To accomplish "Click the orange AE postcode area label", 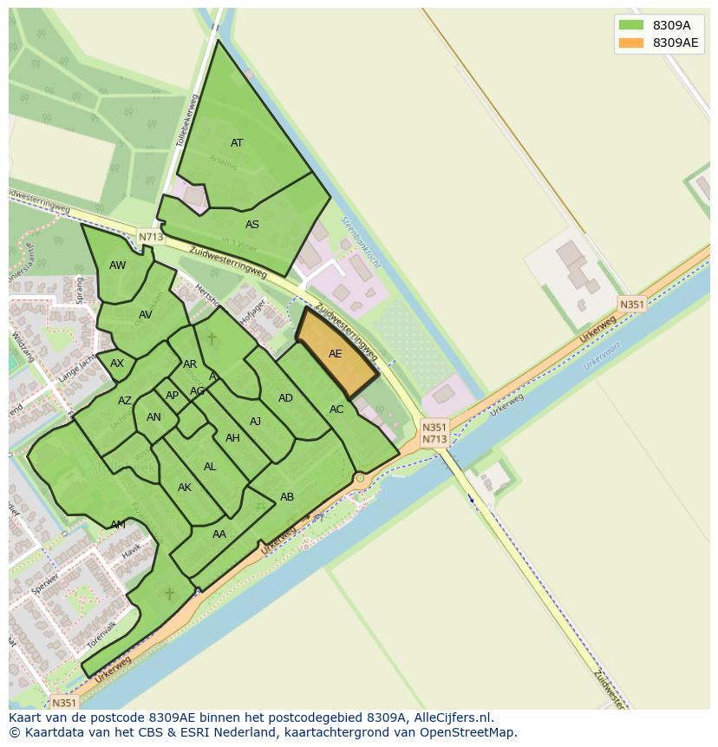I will click(x=335, y=354).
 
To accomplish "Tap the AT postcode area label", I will click(x=237, y=143).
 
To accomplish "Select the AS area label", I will click(x=251, y=225).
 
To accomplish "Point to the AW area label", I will click(x=118, y=265).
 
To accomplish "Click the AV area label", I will click(x=145, y=315).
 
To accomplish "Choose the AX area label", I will click(x=117, y=364).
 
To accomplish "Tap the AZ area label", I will click(x=125, y=401).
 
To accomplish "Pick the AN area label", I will click(x=153, y=417).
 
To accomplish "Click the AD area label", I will click(x=285, y=398).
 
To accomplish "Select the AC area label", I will click(x=336, y=410).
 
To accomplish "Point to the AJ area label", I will click(x=255, y=422).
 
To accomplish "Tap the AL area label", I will click(x=210, y=467).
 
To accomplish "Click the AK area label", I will click(x=185, y=488).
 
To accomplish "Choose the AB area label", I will click(x=287, y=497).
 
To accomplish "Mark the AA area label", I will click(x=219, y=534).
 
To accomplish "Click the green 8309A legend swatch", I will click(x=630, y=25).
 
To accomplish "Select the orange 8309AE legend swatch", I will click(x=630, y=43).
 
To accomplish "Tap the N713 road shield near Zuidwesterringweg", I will click(x=150, y=236).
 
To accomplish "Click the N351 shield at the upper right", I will click(x=631, y=304).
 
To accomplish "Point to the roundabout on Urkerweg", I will click(x=360, y=478).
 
